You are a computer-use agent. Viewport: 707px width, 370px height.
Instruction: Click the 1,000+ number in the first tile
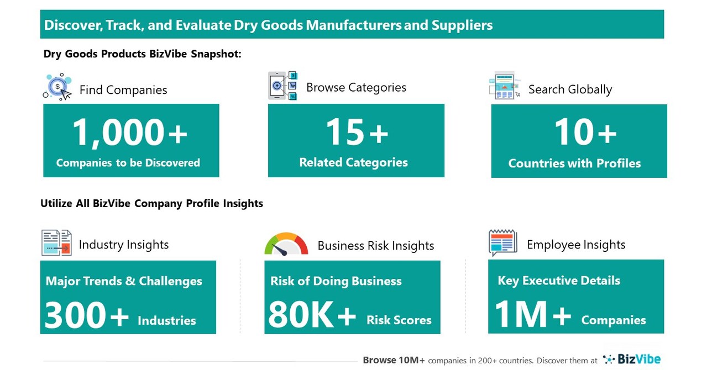130,133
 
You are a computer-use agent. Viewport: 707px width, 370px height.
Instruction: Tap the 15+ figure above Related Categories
357,133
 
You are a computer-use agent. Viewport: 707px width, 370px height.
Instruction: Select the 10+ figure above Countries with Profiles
585,133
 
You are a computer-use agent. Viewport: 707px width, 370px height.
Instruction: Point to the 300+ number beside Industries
86,316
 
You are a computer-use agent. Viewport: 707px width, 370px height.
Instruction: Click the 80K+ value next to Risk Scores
312,316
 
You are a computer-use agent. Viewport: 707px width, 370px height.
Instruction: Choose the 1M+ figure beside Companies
532,315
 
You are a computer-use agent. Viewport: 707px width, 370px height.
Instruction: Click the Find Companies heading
123,90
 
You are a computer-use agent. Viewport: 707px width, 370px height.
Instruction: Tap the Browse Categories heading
356,87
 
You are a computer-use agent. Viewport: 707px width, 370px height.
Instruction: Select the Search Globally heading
570,89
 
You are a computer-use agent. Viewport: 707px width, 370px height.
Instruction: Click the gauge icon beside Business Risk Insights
286,245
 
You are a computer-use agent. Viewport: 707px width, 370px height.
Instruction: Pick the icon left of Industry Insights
56,243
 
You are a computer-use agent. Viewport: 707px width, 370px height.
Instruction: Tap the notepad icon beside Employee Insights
502,243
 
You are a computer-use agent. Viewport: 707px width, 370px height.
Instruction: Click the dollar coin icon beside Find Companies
57,87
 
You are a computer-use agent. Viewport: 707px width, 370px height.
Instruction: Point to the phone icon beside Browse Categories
282,86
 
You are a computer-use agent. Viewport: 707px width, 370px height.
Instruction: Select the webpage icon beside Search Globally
504,86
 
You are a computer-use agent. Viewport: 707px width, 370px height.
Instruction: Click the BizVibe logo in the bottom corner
631,360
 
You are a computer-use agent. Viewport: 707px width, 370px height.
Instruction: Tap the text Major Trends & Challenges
124,281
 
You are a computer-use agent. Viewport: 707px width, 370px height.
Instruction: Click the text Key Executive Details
559,281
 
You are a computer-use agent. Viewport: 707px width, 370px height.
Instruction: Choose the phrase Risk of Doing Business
336,281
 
